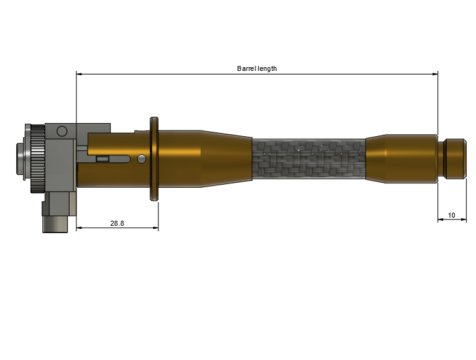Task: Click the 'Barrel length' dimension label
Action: coord(257,68)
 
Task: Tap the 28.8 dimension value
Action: coord(117,223)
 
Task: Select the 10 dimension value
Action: coord(451,215)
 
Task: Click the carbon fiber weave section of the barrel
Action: coord(309,159)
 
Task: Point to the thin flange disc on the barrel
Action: coord(154,159)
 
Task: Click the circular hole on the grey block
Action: coord(62,131)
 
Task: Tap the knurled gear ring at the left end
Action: coord(38,159)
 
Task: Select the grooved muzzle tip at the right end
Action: coord(452,159)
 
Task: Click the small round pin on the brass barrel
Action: coord(142,159)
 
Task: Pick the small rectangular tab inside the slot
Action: coord(103,159)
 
